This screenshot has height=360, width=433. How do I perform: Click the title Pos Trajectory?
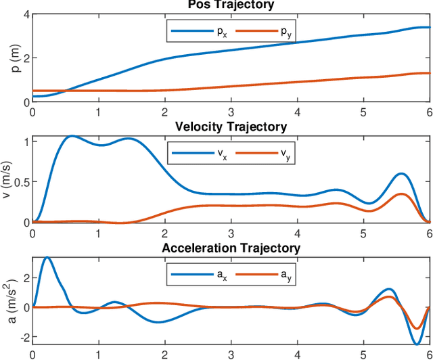click(x=231, y=5)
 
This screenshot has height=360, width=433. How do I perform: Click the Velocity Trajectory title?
click(x=231, y=127)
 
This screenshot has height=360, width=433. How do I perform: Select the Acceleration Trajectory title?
click(x=231, y=248)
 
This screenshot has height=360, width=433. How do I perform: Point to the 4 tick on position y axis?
click(x=26, y=14)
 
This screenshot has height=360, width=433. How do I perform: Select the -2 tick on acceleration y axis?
click(x=23, y=337)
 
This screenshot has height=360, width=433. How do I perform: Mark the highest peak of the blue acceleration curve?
click(x=47, y=257)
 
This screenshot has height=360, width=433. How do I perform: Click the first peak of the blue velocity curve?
click(x=71, y=136)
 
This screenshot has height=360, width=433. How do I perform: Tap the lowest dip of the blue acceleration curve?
click(x=417, y=344)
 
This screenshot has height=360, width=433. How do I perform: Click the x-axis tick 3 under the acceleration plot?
click(x=231, y=354)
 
